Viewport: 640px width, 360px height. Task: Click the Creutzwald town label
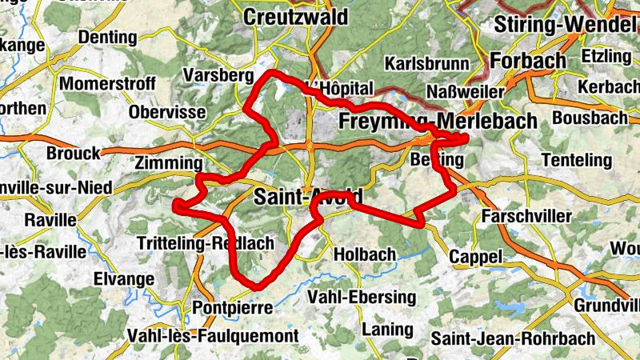pos(294,17)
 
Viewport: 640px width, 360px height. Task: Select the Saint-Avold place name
pos(308,196)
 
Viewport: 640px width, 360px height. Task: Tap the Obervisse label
pos(167,112)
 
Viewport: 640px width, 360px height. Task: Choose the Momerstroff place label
pos(100,83)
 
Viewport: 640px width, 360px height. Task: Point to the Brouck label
pos(74,153)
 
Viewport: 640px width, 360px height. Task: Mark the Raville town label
pos(50,219)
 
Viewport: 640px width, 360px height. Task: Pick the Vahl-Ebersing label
pos(362,298)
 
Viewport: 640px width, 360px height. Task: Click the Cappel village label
pos(475,257)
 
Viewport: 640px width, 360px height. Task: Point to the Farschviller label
pos(527,217)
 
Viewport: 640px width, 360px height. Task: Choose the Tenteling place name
pos(577,161)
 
